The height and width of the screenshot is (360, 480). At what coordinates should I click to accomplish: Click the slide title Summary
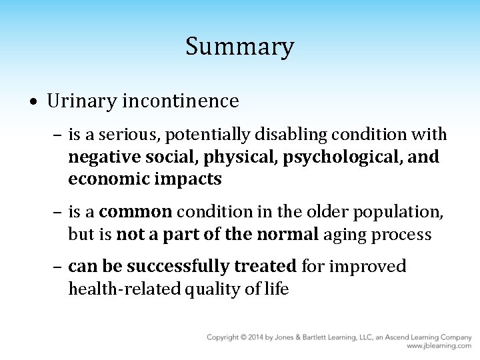tap(239, 47)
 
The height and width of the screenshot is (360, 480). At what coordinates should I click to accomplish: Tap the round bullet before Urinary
tap(33, 103)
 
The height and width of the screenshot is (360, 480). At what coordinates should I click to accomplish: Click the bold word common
tap(136, 213)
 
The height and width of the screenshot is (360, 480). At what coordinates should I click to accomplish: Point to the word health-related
tap(117, 289)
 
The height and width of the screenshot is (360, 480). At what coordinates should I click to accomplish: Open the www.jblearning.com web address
tap(439, 347)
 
